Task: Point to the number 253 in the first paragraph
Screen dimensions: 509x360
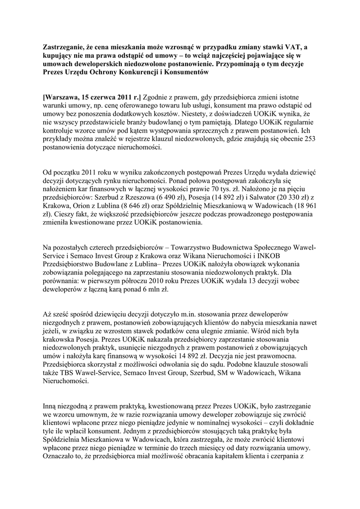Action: pos(308,139)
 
